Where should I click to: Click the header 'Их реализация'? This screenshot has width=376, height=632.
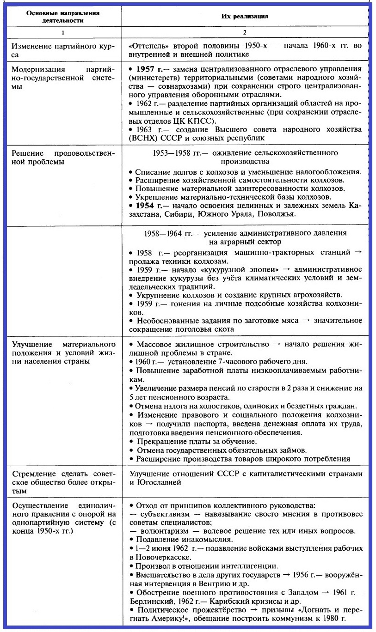(x=245, y=16)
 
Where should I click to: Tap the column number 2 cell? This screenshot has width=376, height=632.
(x=245, y=33)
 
